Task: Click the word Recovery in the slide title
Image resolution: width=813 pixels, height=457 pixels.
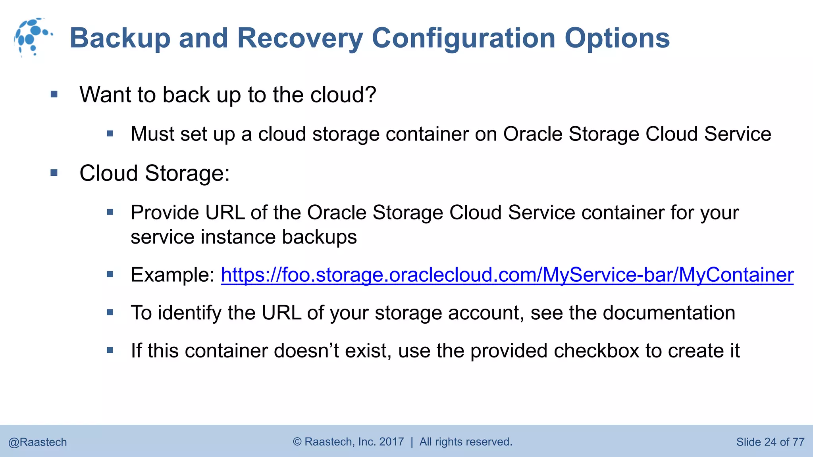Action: click(300, 38)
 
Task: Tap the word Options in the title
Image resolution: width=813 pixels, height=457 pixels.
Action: click(617, 38)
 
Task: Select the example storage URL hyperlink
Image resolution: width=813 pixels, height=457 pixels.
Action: click(507, 275)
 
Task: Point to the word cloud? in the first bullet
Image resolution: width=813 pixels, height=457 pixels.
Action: click(343, 95)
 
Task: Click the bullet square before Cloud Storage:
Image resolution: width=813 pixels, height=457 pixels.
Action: click(54, 173)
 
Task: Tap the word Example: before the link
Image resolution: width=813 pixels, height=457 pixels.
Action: click(173, 275)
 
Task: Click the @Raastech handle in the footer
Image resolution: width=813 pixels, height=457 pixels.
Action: click(38, 442)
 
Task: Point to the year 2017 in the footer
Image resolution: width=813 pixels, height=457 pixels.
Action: click(391, 442)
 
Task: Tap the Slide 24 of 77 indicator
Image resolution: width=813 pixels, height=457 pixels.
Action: click(770, 442)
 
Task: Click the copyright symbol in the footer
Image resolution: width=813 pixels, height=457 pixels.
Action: click(297, 442)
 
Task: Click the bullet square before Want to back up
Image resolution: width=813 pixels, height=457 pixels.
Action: click(54, 94)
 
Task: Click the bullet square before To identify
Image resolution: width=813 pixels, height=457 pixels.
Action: click(110, 313)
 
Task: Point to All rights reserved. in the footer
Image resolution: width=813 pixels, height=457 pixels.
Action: click(466, 442)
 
